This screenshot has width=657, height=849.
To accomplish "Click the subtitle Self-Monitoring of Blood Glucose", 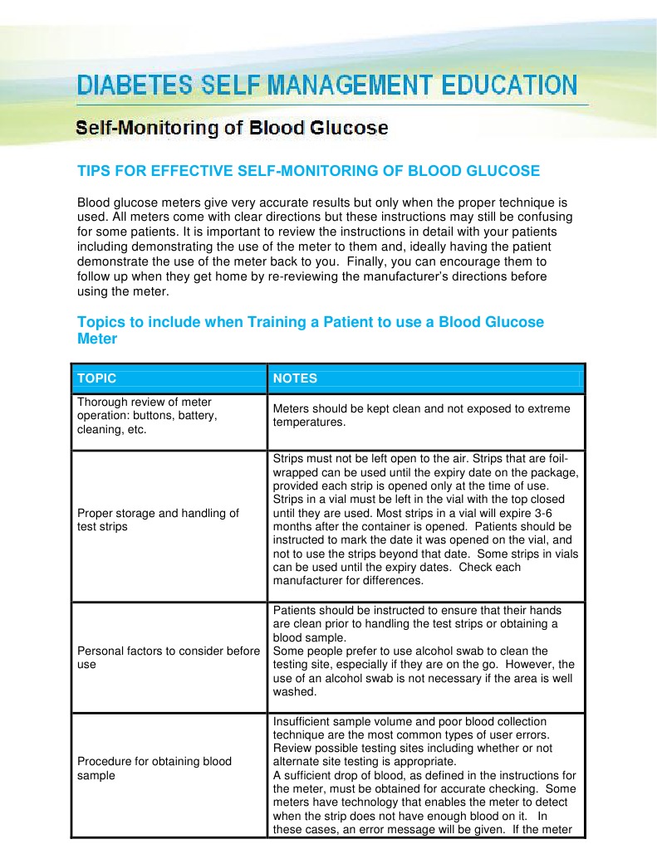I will click(x=232, y=129).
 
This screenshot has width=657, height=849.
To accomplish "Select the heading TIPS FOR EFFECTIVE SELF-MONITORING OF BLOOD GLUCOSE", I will click(x=308, y=171).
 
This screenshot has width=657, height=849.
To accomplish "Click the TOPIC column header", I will click(x=96, y=378).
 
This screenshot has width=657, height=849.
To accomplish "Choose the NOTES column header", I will click(x=295, y=378).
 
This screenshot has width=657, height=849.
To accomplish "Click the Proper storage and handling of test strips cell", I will click(x=158, y=520).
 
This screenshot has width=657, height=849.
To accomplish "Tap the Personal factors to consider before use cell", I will click(x=168, y=658).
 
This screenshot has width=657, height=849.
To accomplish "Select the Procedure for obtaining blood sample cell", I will click(x=154, y=768).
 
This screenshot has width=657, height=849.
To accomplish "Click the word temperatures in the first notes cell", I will click(x=308, y=422).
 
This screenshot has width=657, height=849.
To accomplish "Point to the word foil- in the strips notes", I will click(x=567, y=458).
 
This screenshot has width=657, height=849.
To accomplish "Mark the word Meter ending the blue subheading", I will click(x=97, y=339).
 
